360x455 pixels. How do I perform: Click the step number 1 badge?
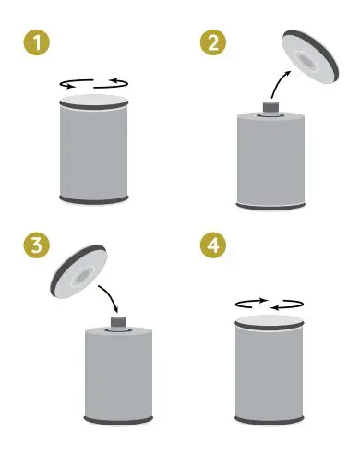pos(37,42)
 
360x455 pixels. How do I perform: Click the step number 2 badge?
pos(213,42)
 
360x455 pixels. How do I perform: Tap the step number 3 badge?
pos(37,245)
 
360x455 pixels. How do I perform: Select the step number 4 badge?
pos(213,245)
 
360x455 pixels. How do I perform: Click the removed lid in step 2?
pos(310,57)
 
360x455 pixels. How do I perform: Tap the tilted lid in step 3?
pos(78,271)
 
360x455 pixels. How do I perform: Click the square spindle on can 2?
pos(270,107)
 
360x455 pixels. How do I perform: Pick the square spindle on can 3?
pos(119,322)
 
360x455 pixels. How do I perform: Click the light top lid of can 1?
pos(93,100)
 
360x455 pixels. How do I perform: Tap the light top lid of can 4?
pos(270,320)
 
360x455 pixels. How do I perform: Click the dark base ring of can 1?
pos(93,200)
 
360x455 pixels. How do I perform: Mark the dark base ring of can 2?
pos(270,207)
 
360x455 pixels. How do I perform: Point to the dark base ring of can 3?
pos(118,421)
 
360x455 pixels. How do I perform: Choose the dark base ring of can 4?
pos(270,421)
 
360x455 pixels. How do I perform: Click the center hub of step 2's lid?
pos(306,61)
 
